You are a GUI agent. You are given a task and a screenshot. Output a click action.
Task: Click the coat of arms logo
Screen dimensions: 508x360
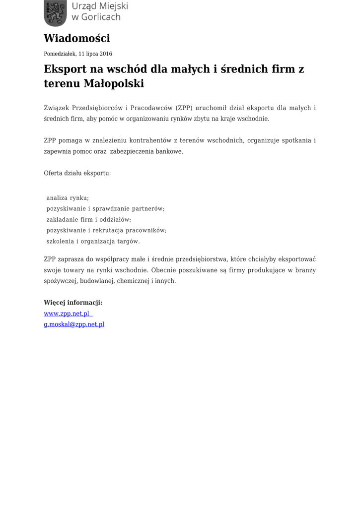click(55, 13)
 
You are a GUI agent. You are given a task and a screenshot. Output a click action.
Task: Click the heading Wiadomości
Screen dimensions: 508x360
click(77, 38)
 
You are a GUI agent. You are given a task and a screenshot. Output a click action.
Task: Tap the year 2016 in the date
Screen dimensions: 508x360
click(106, 54)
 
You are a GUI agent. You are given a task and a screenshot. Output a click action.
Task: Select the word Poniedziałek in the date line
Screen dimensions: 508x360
click(60, 54)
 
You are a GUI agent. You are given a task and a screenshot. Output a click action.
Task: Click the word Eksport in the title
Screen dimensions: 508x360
click(64, 69)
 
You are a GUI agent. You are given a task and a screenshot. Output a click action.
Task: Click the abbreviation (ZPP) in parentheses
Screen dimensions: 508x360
click(184, 108)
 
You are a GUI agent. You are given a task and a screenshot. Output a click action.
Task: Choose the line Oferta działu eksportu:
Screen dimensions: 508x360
click(77, 173)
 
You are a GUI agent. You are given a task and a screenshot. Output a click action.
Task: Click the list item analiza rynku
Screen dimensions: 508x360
click(68, 198)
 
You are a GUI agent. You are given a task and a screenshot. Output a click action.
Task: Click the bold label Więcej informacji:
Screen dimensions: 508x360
click(73, 303)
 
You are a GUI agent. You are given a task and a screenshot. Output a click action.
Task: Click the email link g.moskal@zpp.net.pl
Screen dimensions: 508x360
click(74, 324)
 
